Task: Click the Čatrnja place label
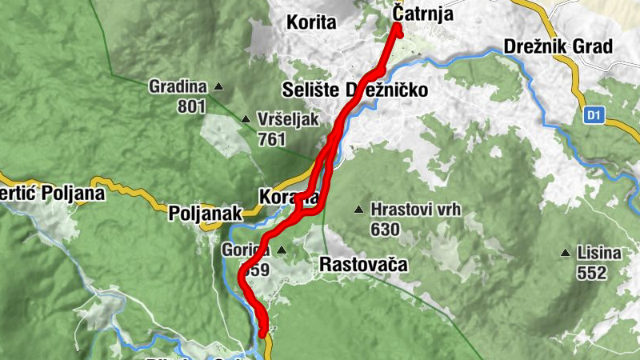coord(424,14)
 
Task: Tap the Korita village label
coord(310,22)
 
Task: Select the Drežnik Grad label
coord(558,46)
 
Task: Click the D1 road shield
coord(593,115)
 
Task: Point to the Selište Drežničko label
coord(354,90)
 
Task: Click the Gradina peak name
coord(178,86)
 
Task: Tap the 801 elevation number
coord(193,106)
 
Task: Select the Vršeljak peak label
coord(288,120)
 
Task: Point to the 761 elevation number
coord(272,138)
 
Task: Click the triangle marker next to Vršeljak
coord(246,120)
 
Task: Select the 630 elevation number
coord(385,230)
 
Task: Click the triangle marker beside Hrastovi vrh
coord(358,210)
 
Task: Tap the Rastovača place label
coord(363,264)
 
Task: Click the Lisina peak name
coord(599,254)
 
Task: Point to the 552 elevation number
coord(591,273)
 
